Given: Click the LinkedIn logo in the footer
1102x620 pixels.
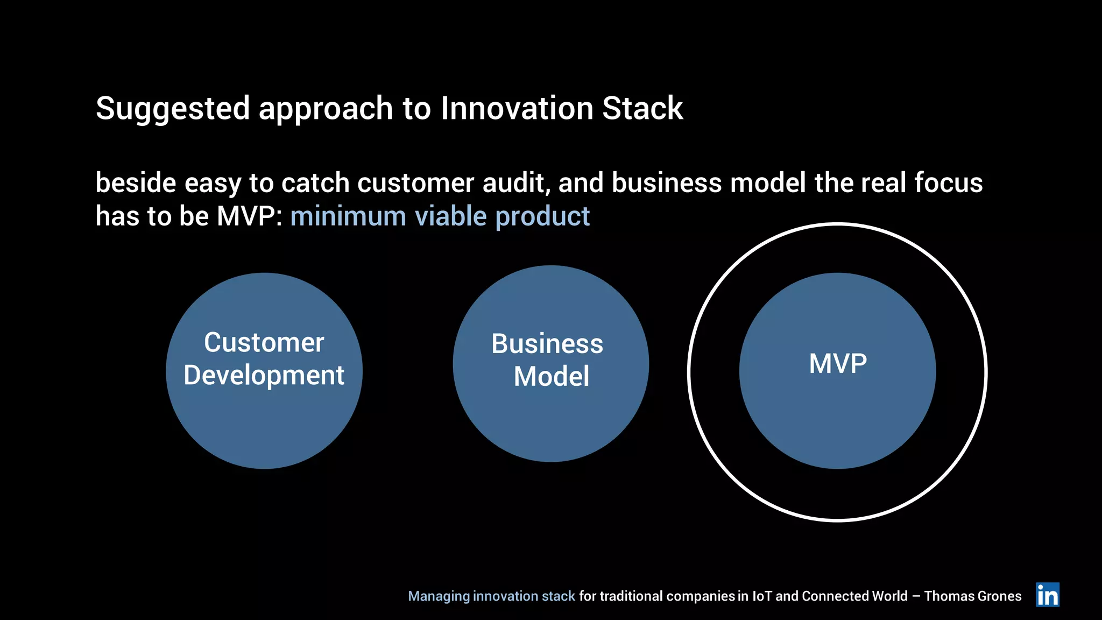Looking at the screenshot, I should click(1047, 595).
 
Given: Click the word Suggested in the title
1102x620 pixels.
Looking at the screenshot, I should click(173, 109).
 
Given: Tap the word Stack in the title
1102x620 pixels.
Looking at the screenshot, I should click(642, 109).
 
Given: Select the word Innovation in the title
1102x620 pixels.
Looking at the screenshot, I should click(517, 109).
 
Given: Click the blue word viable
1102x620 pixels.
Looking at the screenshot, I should click(451, 216).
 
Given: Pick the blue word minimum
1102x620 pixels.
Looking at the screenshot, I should click(348, 216).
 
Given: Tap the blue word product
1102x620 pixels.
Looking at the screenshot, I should click(542, 217).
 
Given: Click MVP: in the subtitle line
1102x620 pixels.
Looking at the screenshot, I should click(249, 216).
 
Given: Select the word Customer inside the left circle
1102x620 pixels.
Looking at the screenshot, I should click(264, 342).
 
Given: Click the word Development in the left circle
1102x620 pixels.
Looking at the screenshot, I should click(264, 376).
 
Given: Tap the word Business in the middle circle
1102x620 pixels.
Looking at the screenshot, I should click(547, 344).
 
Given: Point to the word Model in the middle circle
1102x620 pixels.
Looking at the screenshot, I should click(551, 376).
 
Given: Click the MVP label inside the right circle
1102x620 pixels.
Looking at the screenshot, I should click(837, 364).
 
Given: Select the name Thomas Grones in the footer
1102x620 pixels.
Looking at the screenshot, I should click(972, 596).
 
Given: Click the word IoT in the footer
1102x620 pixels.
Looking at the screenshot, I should click(761, 596).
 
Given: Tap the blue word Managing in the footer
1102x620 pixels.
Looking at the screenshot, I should click(439, 596).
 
